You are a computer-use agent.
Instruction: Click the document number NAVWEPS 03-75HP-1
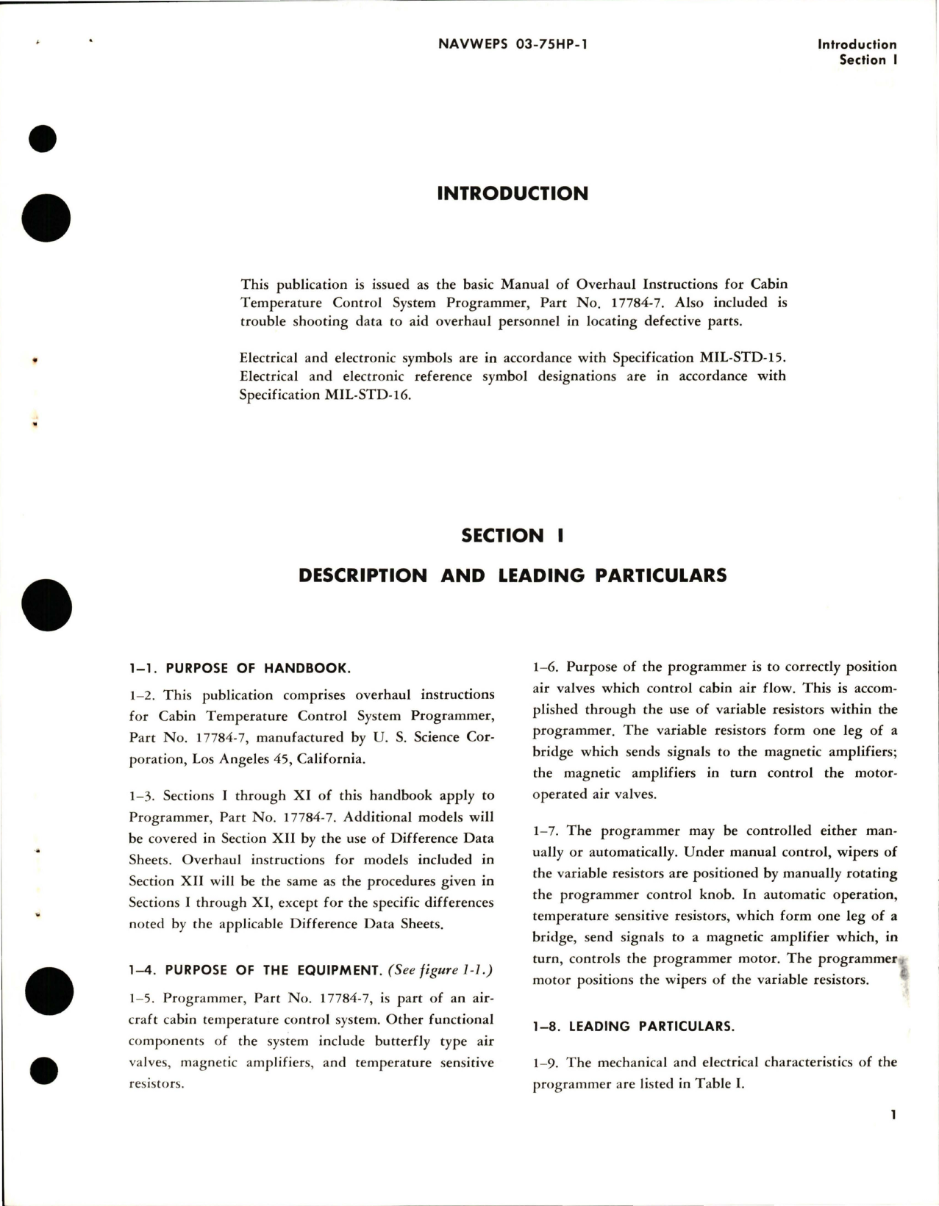pyautogui.click(x=513, y=44)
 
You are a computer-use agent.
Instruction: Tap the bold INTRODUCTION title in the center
pyautogui.click(x=513, y=194)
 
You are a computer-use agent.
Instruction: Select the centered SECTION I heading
pyautogui.click(x=513, y=536)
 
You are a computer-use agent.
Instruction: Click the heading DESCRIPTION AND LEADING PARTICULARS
pyautogui.click(x=513, y=575)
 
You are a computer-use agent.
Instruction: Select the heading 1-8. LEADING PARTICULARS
pyautogui.click(x=634, y=1026)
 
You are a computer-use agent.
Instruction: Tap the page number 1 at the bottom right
pyautogui.click(x=893, y=1136)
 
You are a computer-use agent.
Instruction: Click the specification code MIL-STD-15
pyautogui.click(x=740, y=358)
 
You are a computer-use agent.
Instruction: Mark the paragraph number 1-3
pyautogui.click(x=141, y=796)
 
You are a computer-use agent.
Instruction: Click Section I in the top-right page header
pyautogui.click(x=868, y=60)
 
